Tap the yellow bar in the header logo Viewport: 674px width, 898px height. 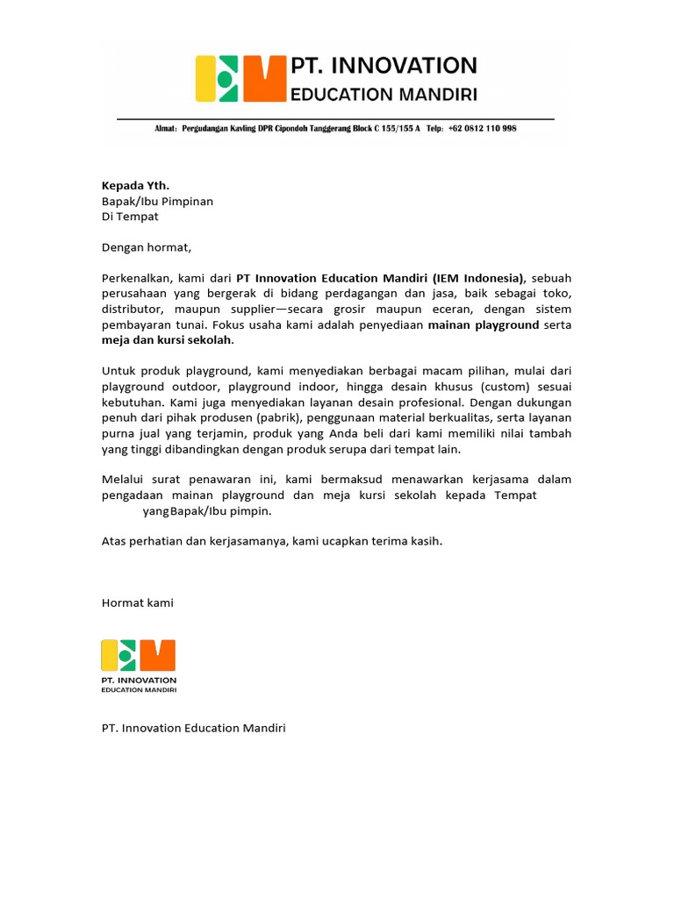point(204,79)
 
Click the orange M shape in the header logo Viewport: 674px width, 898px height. point(264,79)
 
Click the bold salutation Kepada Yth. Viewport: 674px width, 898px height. point(135,186)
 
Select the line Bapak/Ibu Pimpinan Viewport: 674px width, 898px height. point(157,201)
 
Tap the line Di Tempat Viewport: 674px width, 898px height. point(130,216)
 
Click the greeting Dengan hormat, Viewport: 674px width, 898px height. point(146,247)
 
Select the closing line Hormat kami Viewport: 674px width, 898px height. point(138,602)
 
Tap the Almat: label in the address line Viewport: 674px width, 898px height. point(166,128)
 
